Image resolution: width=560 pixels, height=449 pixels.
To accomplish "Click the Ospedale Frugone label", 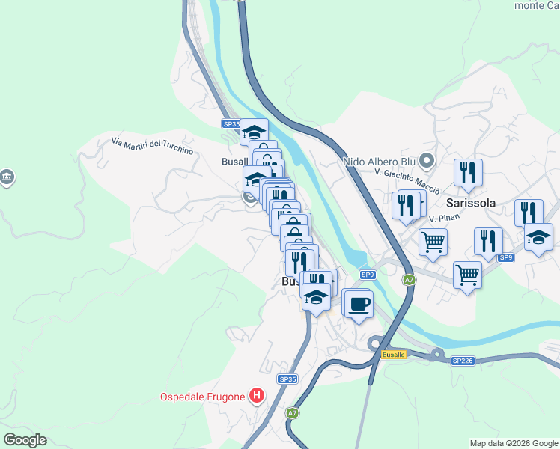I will [203, 397].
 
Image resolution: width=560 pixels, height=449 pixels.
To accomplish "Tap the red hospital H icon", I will [257, 395].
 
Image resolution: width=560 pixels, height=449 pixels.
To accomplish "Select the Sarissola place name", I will [472, 203].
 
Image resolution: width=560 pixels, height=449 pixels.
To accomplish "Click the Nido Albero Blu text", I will [378, 161].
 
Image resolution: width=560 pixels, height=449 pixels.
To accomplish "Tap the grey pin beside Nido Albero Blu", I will [427, 160].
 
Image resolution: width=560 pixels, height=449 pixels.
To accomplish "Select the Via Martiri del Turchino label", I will [152, 146].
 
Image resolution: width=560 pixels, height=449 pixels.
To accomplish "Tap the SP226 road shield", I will [463, 361].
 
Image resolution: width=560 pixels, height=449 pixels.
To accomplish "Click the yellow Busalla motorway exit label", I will [393, 354].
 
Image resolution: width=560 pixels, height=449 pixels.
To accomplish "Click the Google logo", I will [25, 440].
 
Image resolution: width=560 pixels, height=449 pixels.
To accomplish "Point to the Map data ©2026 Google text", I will [514, 443].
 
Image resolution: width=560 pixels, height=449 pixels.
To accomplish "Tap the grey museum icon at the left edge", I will [7, 177].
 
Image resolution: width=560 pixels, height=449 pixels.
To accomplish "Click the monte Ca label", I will [536, 5].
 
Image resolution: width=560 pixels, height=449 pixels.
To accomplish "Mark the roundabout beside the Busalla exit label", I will [376, 343].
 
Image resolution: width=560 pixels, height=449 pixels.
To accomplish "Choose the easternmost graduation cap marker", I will [538, 237].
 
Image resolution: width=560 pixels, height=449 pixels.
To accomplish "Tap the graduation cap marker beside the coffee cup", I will [317, 297].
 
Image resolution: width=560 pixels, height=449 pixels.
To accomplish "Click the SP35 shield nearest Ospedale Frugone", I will [288, 379].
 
